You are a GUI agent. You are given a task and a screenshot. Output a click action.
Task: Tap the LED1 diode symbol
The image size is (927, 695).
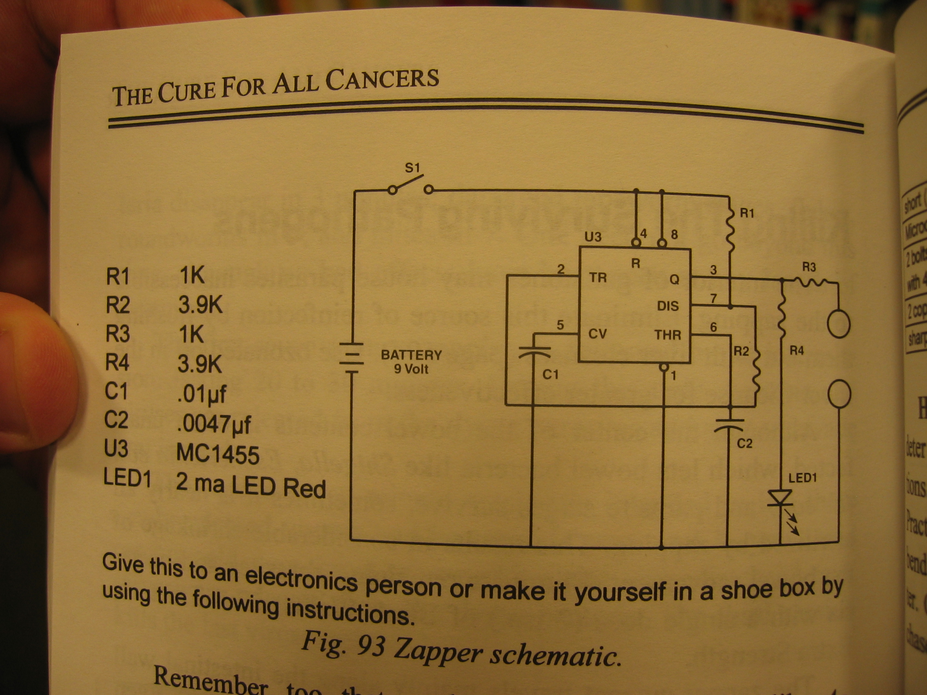[779, 498]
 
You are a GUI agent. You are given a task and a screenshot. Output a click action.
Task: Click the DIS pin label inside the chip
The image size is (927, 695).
[668, 306]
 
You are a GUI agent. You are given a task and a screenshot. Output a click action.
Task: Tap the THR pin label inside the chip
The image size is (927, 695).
[668, 335]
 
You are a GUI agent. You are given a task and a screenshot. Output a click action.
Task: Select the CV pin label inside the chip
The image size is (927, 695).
[597, 334]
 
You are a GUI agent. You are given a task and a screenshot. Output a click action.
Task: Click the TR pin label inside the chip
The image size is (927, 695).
[598, 278]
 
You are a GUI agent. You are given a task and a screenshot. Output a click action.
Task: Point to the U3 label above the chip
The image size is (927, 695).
[592, 237]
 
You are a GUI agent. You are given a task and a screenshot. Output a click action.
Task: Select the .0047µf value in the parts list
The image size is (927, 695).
[214, 423]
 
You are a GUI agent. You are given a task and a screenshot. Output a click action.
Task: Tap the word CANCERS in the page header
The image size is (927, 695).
[382, 80]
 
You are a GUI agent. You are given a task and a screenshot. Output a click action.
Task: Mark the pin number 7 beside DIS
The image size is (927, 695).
[713, 299]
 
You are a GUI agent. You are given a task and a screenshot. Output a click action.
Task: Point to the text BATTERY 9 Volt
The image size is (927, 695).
[411, 361]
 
